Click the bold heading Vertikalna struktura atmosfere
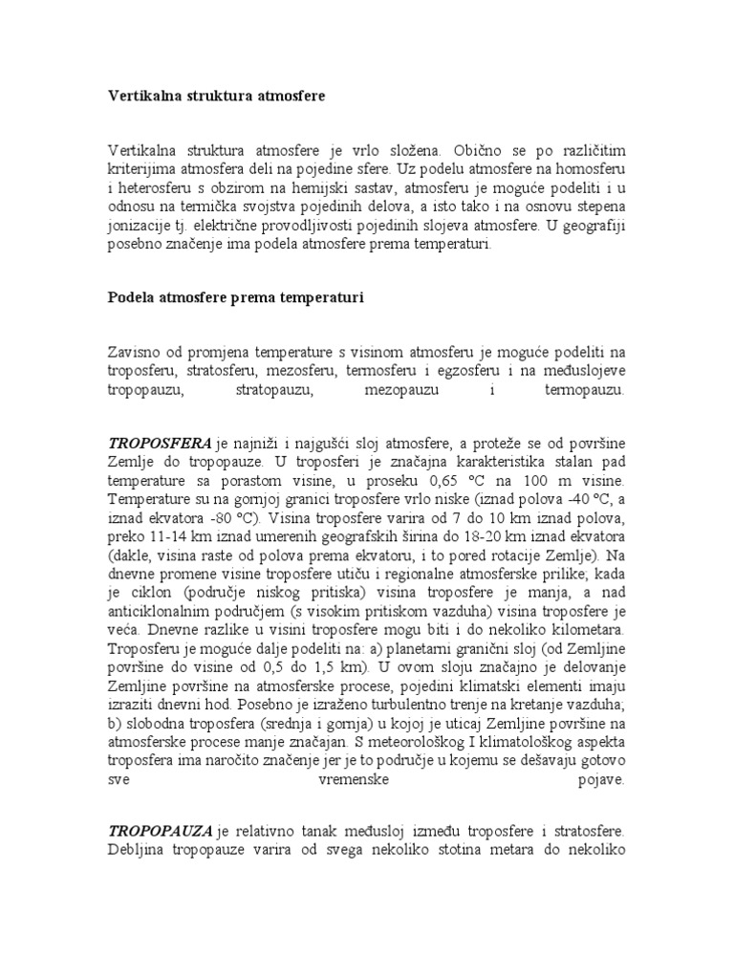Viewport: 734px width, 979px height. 216,97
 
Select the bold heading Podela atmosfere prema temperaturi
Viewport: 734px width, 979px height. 235,297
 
